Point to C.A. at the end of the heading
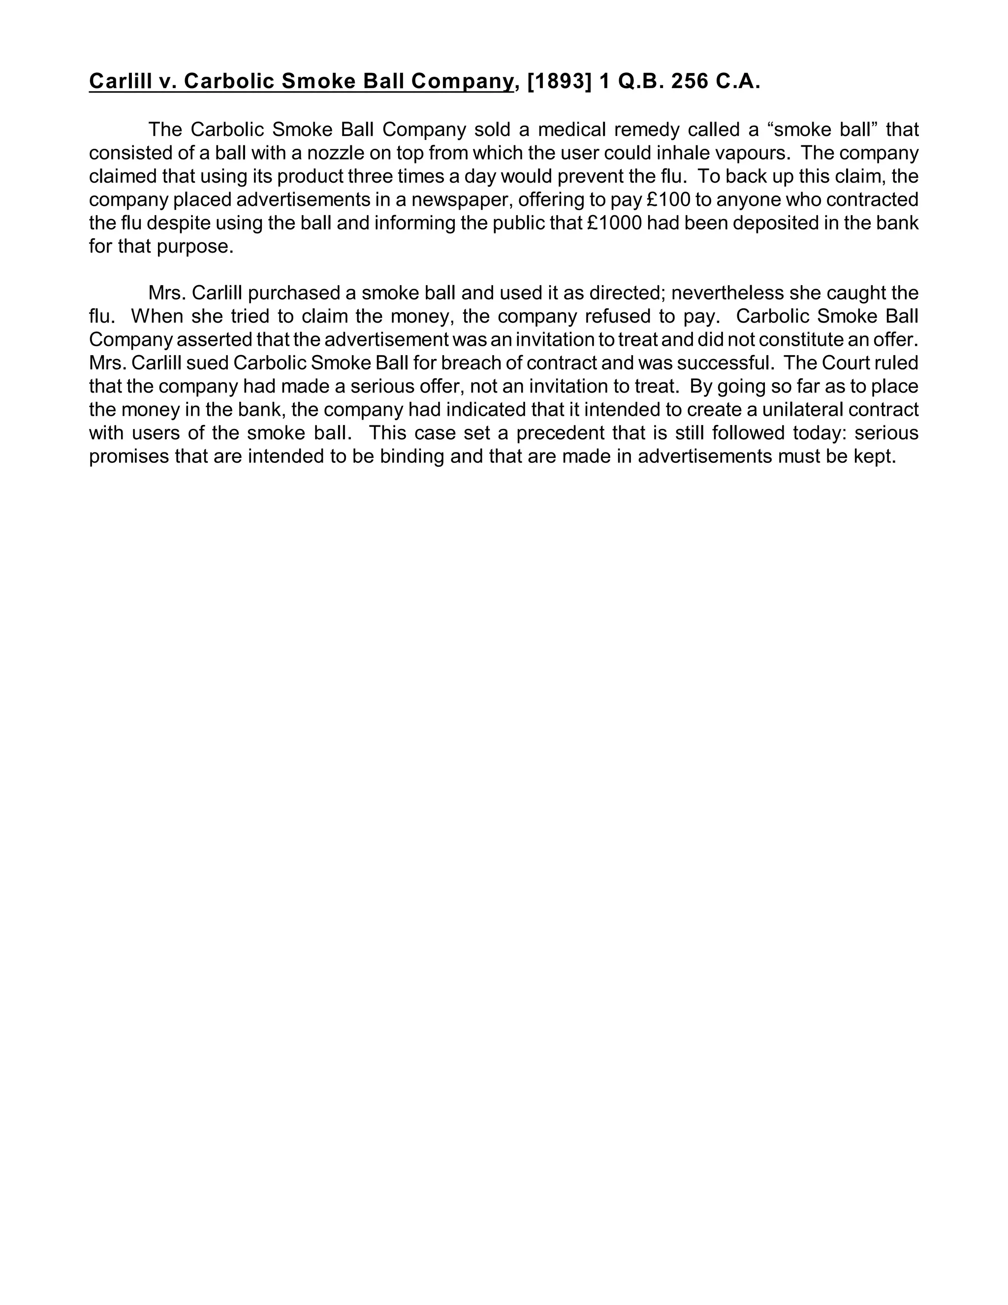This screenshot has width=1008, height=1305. click(737, 82)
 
